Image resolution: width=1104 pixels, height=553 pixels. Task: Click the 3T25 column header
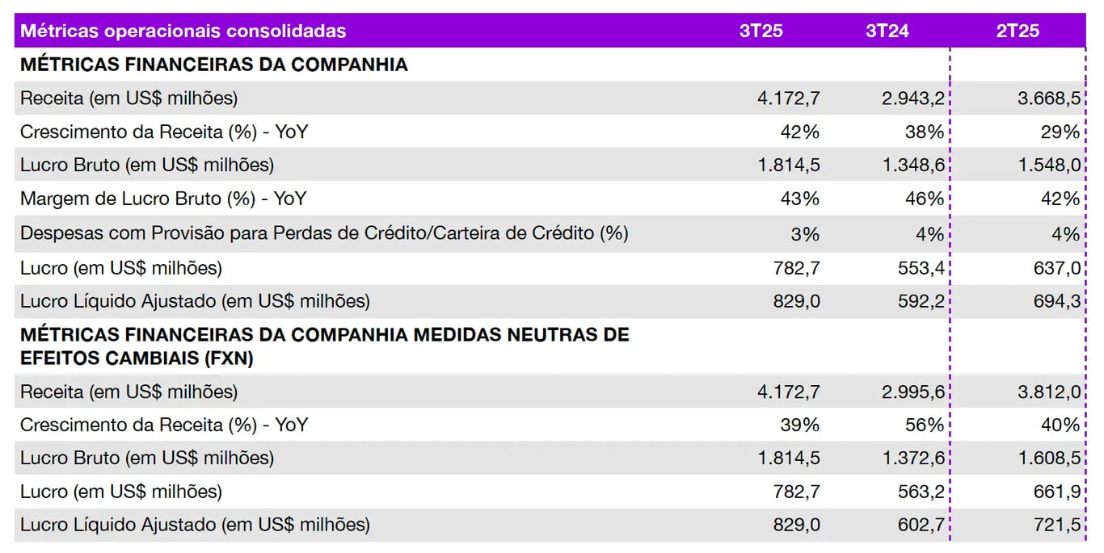tap(761, 31)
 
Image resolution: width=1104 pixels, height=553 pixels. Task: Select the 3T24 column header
tap(887, 31)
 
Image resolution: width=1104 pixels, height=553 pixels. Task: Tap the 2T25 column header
tap(1018, 31)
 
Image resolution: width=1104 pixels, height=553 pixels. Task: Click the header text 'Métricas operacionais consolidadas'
tap(183, 31)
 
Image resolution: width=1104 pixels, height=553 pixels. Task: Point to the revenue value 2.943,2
tap(912, 98)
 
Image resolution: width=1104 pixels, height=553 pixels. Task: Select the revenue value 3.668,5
tap(1049, 98)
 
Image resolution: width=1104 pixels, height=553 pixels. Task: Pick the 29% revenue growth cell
tap(1060, 132)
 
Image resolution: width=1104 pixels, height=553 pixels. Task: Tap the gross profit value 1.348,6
tap(912, 165)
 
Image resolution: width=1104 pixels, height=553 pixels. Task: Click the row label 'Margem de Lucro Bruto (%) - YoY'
tap(163, 199)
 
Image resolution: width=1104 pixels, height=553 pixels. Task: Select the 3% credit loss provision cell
tap(805, 234)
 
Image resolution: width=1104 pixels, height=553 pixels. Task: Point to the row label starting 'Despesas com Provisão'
tap(324, 233)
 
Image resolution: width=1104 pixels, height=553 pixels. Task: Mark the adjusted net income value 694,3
tap(1055, 302)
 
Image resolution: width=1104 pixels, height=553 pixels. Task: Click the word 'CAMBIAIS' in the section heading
tap(125, 359)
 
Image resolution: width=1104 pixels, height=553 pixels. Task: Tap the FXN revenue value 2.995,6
tap(912, 392)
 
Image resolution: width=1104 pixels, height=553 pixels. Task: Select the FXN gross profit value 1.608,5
tap(1049, 459)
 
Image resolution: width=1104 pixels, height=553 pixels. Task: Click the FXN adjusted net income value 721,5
tap(1055, 525)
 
